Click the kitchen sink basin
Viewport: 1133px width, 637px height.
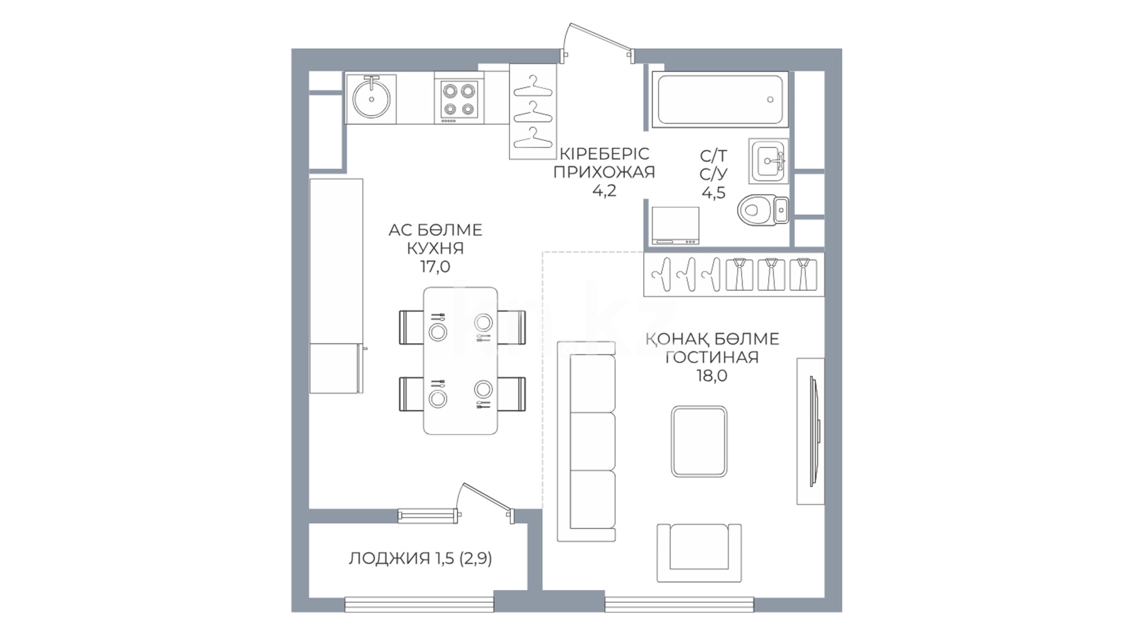pos(371,98)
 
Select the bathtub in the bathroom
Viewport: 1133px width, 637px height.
pos(720,100)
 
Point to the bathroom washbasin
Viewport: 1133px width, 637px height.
pos(769,160)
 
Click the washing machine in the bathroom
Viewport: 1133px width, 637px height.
pos(676,225)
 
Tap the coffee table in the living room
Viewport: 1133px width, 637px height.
pos(699,441)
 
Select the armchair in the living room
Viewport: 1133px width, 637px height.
pos(699,553)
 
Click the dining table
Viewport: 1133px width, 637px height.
pos(461,361)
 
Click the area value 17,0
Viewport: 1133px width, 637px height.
pos(435,267)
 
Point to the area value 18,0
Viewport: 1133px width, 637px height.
pos(712,376)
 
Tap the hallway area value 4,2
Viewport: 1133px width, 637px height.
pos(605,191)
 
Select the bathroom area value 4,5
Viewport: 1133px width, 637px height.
pos(713,193)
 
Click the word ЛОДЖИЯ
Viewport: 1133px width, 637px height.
pos(389,558)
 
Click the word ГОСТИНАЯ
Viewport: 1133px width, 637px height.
pos(712,357)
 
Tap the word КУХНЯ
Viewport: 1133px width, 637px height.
pos(435,248)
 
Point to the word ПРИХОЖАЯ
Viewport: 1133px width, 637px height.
pos(605,172)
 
